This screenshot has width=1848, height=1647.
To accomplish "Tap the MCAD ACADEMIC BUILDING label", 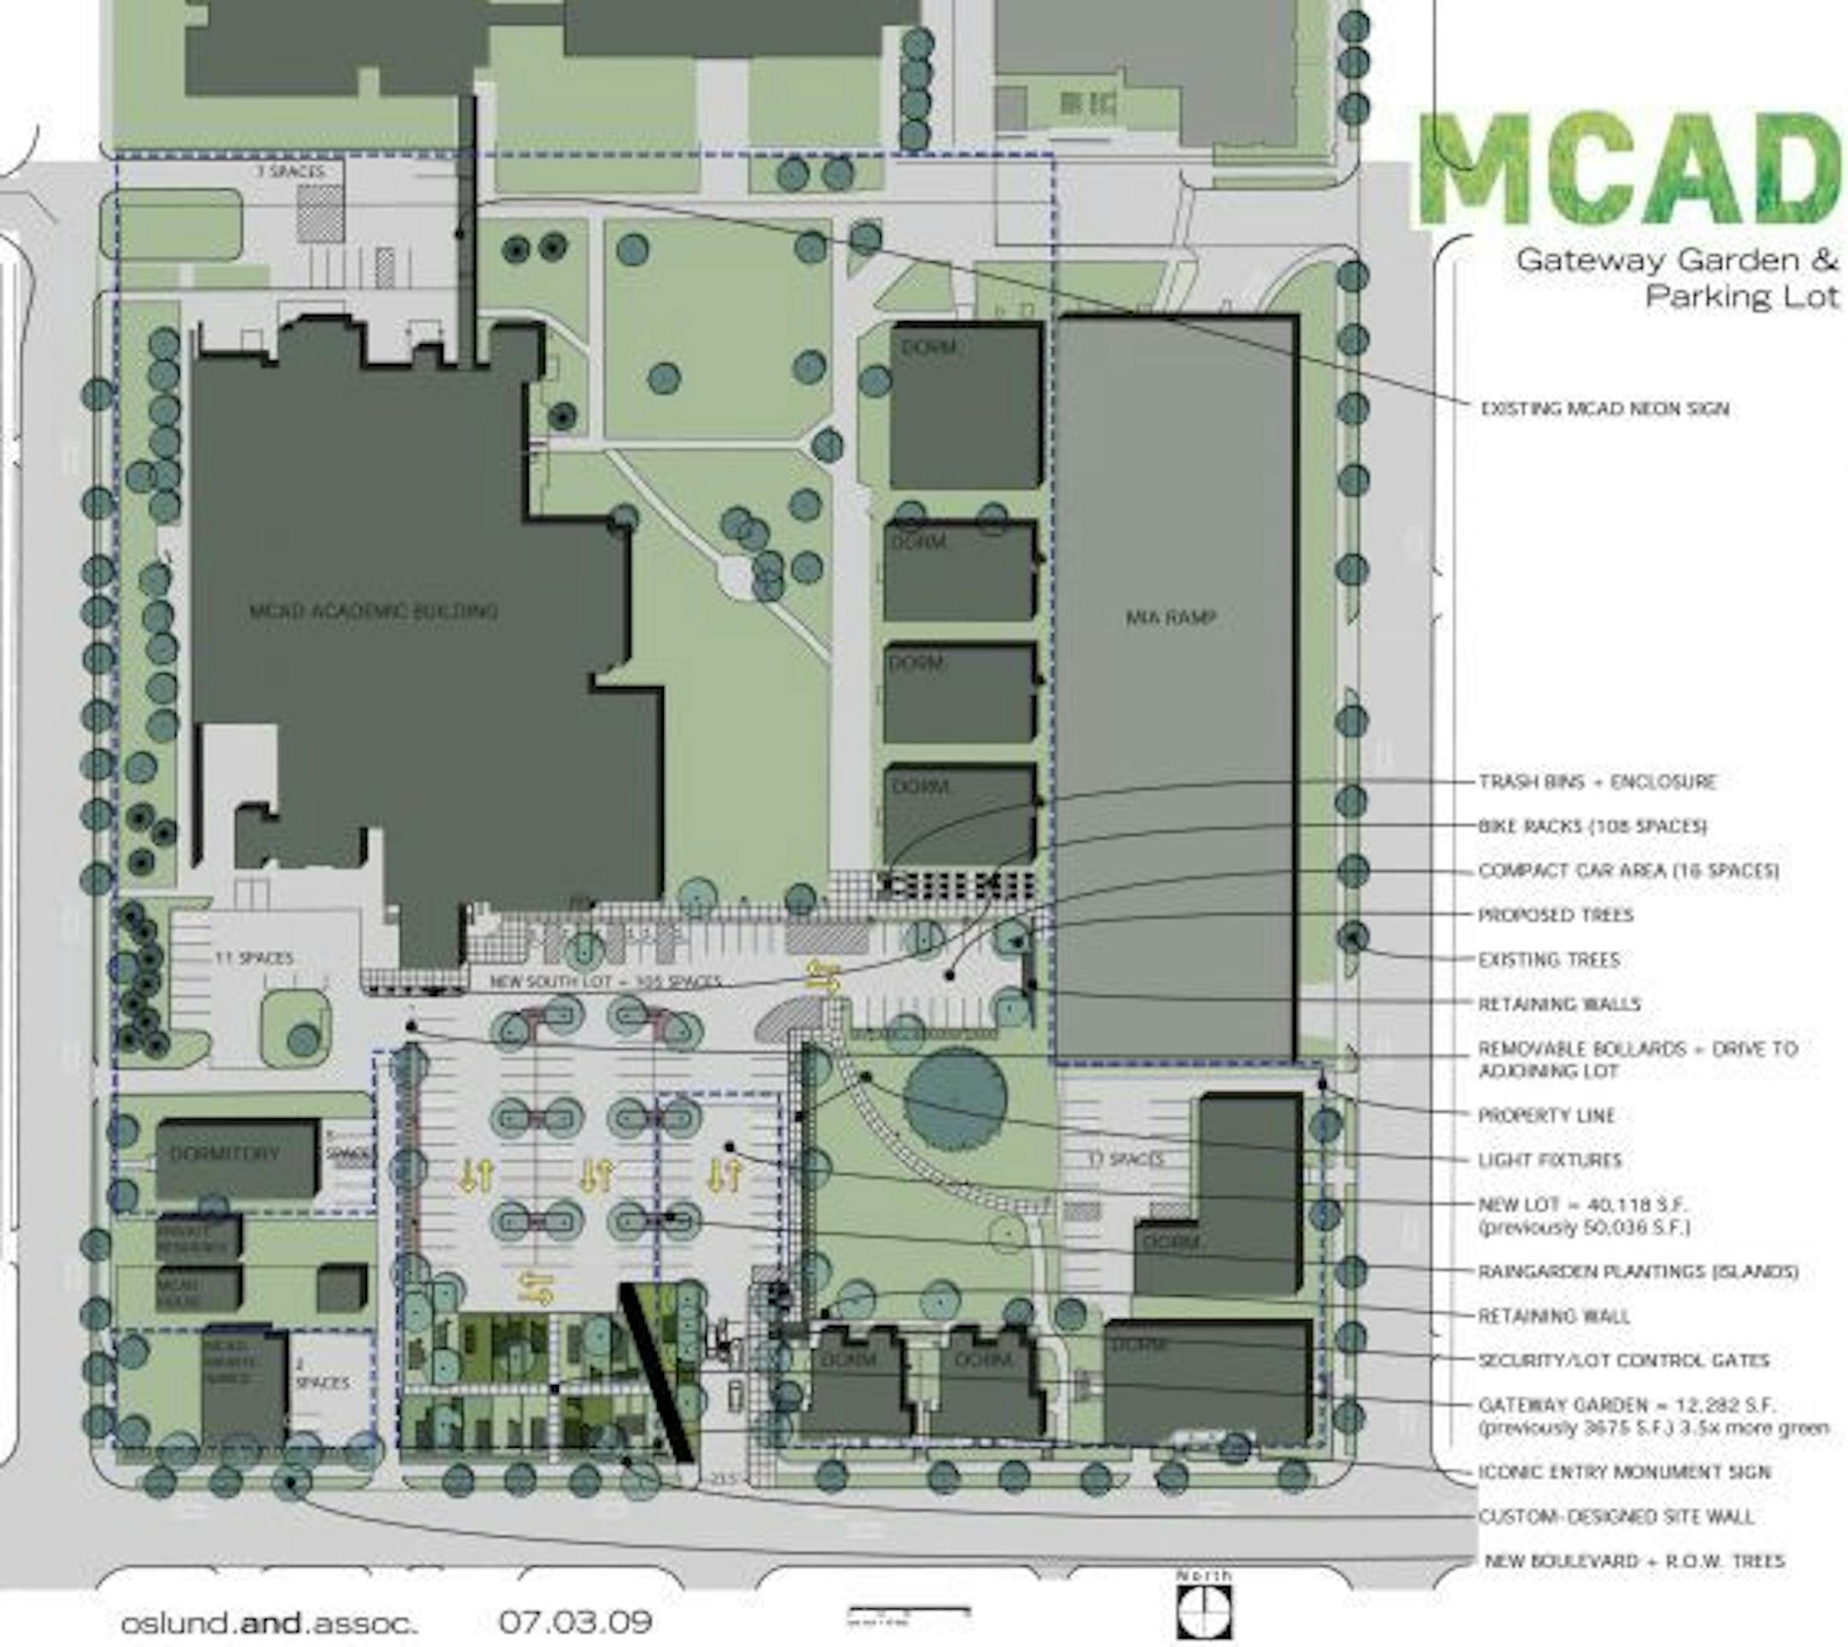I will [373, 611].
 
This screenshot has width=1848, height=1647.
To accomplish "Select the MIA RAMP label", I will [1170, 618].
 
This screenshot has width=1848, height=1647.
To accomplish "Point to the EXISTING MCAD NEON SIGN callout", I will [1604, 409].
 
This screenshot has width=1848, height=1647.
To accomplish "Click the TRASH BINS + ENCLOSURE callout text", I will [1597, 782].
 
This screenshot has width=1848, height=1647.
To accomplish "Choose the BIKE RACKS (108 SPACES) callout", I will [1593, 826].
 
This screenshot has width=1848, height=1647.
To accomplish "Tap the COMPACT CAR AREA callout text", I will [1628, 871].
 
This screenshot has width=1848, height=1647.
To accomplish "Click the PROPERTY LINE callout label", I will [1546, 1116].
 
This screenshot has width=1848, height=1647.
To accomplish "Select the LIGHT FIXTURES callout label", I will [1549, 1160].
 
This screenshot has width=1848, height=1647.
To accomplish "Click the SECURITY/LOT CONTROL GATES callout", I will [1624, 1360].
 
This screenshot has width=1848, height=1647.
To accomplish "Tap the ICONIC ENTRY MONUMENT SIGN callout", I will [1624, 1472].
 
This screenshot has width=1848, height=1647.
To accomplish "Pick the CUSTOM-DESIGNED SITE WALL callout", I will [1615, 1517].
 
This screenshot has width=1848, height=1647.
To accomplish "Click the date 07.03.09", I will [575, 1620].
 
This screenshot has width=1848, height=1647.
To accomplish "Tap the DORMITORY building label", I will [224, 1154].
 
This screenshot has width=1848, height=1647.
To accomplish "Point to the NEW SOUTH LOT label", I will [605, 981].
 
